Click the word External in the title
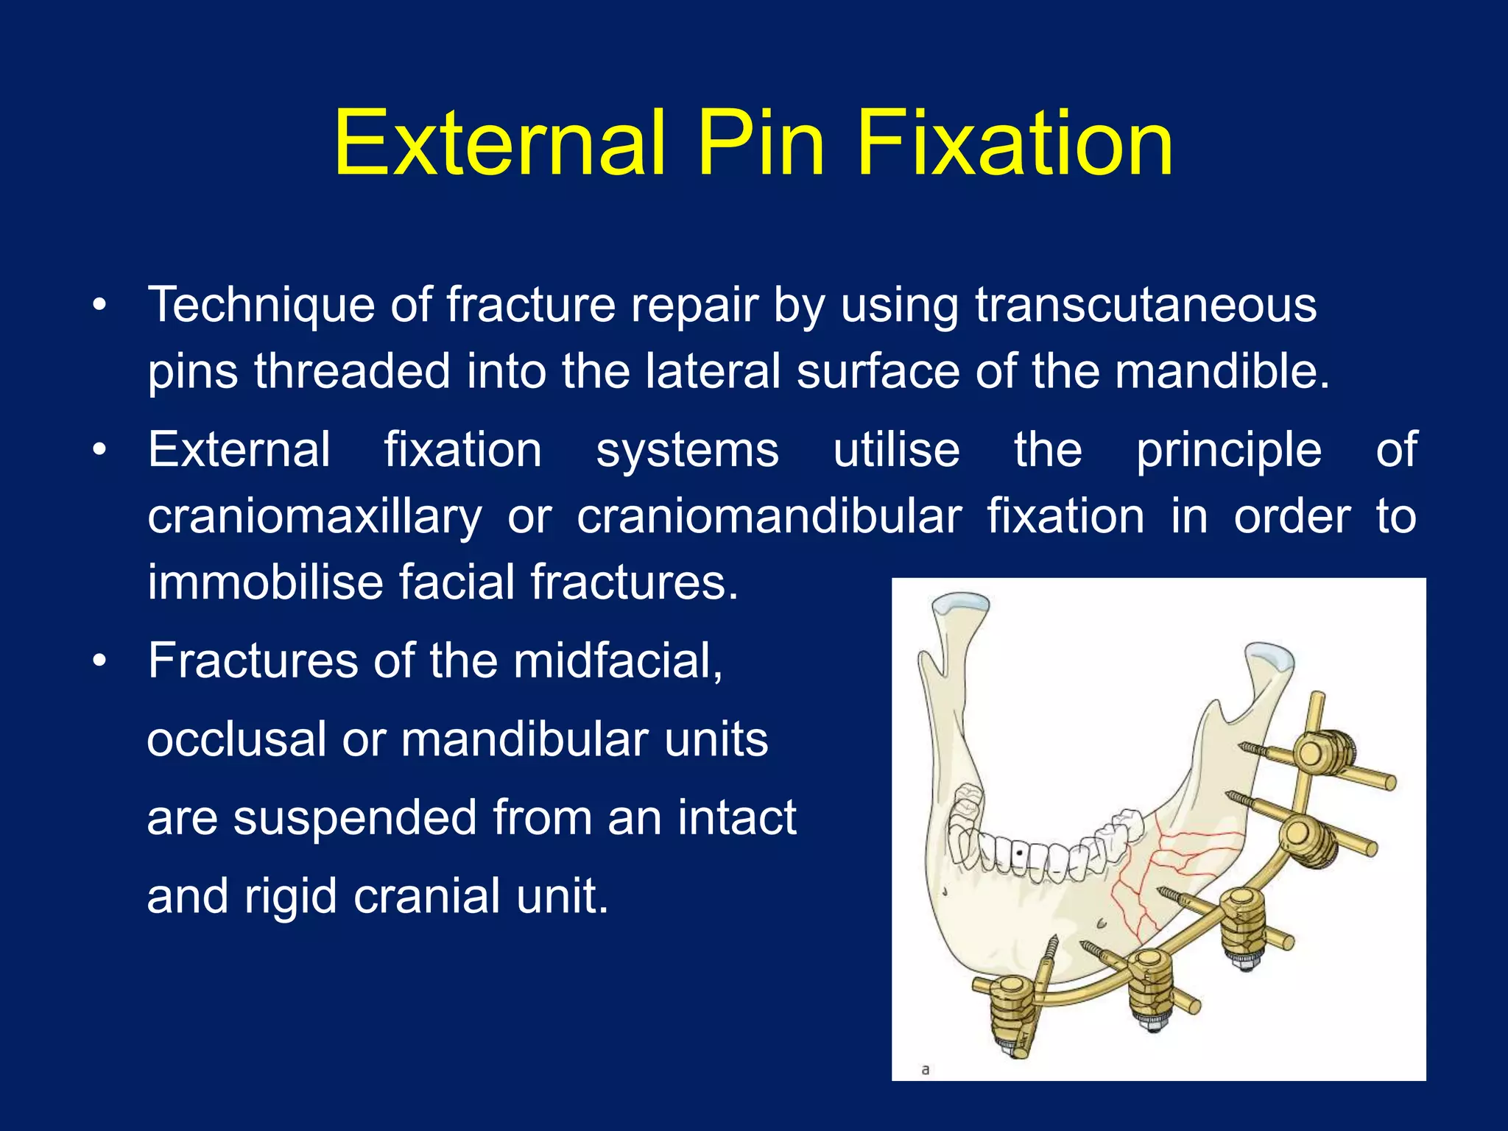(500, 144)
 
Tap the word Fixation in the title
(1014, 144)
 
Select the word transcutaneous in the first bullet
(1146, 305)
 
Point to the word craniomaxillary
(314, 516)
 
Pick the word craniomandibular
(769, 516)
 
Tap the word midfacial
(618, 660)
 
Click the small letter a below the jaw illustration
(926, 1069)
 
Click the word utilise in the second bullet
(896, 450)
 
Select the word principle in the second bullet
(1228, 450)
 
